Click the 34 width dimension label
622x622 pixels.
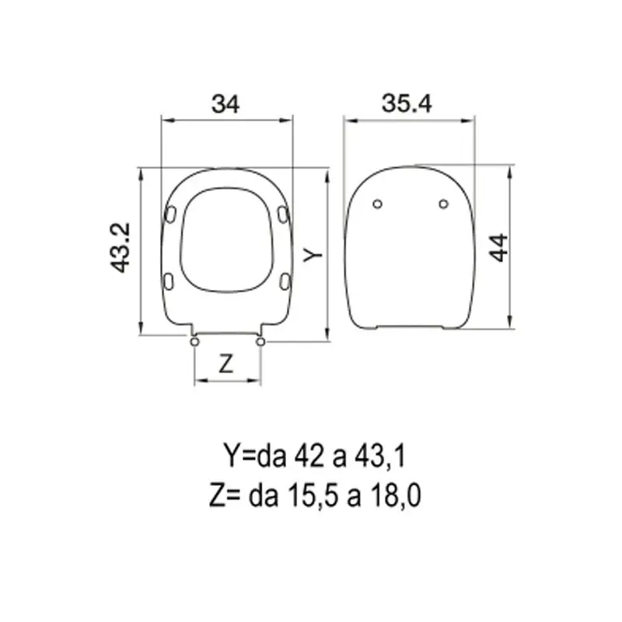225,104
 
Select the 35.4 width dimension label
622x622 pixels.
407,103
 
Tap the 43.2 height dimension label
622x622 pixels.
121,247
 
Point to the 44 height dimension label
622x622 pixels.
498,247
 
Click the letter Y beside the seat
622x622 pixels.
313,254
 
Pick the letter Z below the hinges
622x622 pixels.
225,364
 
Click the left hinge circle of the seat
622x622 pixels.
194,341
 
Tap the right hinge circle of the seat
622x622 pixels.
260,341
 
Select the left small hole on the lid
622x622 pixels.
378,204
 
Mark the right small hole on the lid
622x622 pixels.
443,204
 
